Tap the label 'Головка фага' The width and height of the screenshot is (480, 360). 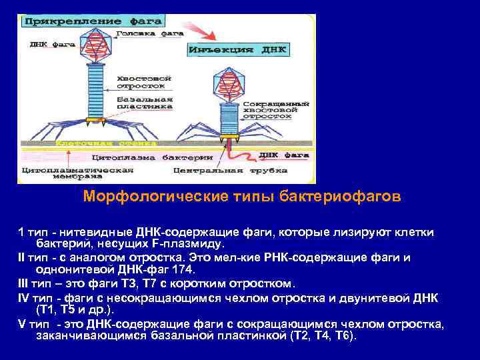142,33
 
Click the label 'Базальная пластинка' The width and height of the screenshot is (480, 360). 145,102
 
